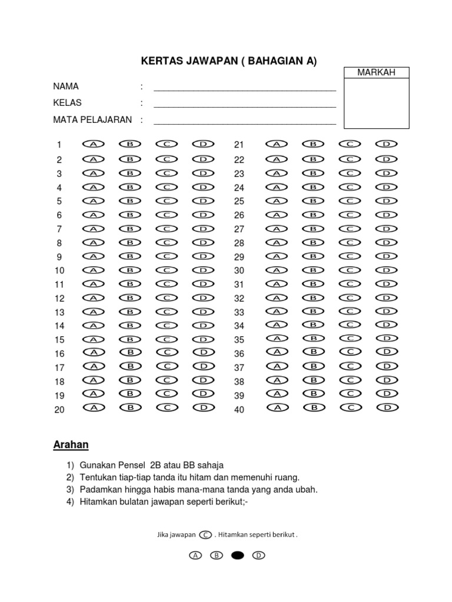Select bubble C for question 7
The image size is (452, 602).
pyautogui.click(x=167, y=228)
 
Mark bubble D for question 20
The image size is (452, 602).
pyautogui.click(x=202, y=407)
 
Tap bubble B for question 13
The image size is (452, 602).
pyautogui.click(x=130, y=312)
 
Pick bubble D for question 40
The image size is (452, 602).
pyautogui.click(x=387, y=407)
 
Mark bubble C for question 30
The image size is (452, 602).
pyautogui.click(x=350, y=270)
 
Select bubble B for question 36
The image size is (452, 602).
pyautogui.click(x=314, y=352)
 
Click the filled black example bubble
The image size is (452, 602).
pyautogui.click(x=237, y=555)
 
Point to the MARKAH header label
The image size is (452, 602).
pyautogui.click(x=376, y=72)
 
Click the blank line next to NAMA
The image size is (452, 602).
pyautogui.click(x=244, y=90)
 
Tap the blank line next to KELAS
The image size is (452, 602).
pyautogui.click(x=244, y=106)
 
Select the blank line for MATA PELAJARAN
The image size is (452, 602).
pyautogui.click(x=244, y=123)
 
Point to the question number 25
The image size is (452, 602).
pyautogui.click(x=239, y=202)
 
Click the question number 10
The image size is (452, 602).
pyautogui.click(x=59, y=271)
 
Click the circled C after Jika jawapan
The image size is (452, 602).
pyautogui.click(x=205, y=534)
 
